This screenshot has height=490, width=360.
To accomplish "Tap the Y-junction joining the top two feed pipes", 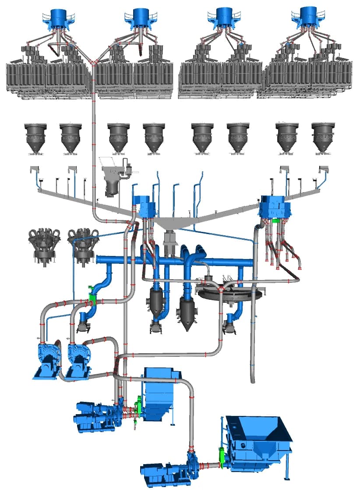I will [94, 63].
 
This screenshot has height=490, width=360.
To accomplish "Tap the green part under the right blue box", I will [275, 221].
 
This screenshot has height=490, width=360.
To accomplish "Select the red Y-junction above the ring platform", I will [222, 290].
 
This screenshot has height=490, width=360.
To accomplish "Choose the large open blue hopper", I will [258, 443].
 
